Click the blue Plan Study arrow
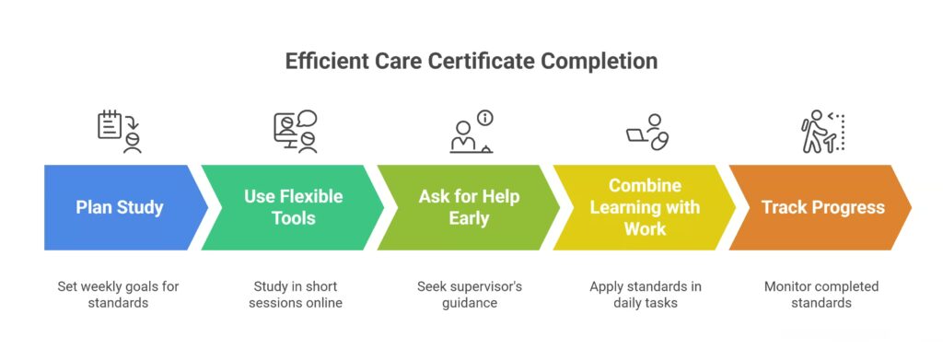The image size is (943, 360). [x=120, y=207]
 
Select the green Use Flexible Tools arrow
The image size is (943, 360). [x=293, y=207]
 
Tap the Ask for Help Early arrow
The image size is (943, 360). [x=469, y=207]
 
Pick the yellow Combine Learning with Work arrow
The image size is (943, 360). [x=645, y=207]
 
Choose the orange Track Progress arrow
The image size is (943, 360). [x=822, y=207]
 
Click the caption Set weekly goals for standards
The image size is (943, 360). [x=120, y=294]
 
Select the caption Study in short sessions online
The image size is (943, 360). [x=295, y=294]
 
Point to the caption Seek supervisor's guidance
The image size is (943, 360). [x=470, y=294]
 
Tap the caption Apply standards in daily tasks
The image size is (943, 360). [x=646, y=294]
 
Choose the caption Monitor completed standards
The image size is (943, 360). [x=821, y=294]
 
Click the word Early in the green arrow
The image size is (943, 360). [x=469, y=218]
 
